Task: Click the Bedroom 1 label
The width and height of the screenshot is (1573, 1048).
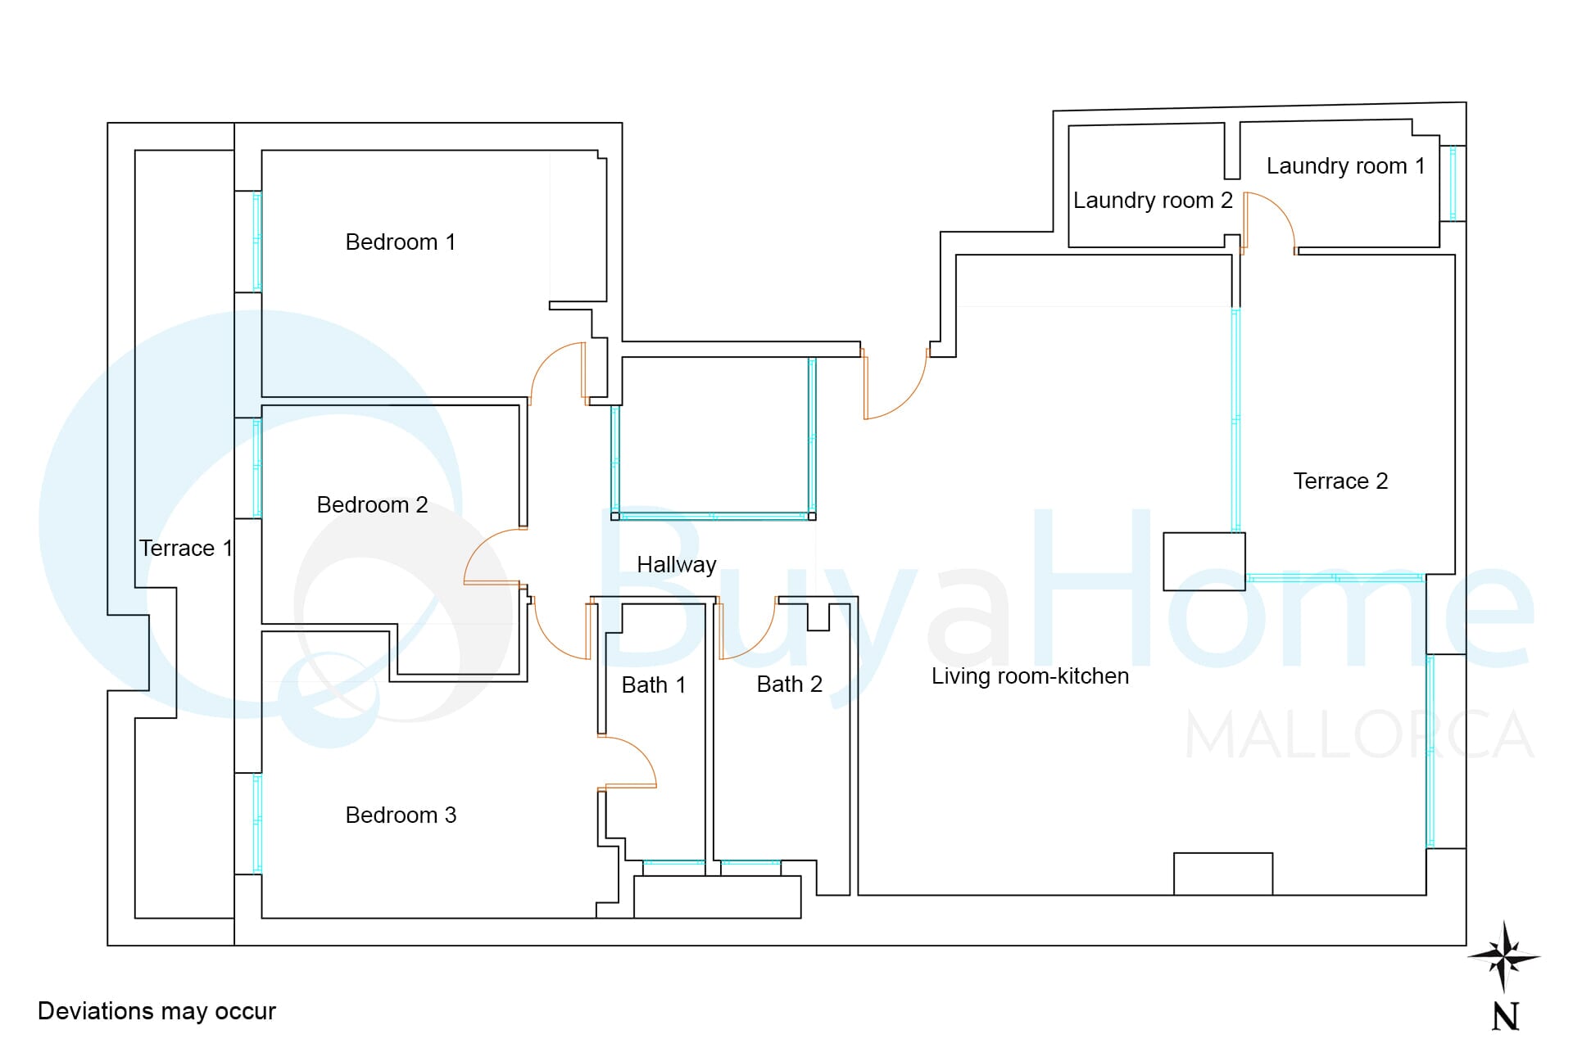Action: [x=400, y=242]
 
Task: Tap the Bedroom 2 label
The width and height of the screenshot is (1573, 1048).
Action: [x=372, y=504]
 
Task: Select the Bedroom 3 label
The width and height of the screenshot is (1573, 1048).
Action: [x=401, y=815]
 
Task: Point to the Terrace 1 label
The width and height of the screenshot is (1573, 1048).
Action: [x=185, y=549]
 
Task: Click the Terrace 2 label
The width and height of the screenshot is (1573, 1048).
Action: [x=1340, y=481]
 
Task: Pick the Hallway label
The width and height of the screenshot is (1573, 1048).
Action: [x=677, y=565]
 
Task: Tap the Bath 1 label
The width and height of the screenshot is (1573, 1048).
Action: [x=653, y=685]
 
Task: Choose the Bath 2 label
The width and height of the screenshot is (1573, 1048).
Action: [x=789, y=684]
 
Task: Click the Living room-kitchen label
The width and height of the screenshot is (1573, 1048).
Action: [x=1030, y=676]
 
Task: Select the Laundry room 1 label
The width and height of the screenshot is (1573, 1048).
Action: [x=1345, y=166]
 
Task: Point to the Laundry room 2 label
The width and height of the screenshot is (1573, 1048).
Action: [x=1153, y=201]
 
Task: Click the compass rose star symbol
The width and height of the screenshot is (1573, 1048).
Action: [x=1503, y=956]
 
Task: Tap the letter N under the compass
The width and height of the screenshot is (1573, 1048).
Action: [x=1506, y=1017]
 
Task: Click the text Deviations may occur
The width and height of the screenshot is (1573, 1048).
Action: [x=156, y=1012]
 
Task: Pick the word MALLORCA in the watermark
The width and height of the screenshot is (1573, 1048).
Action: [x=1359, y=735]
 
